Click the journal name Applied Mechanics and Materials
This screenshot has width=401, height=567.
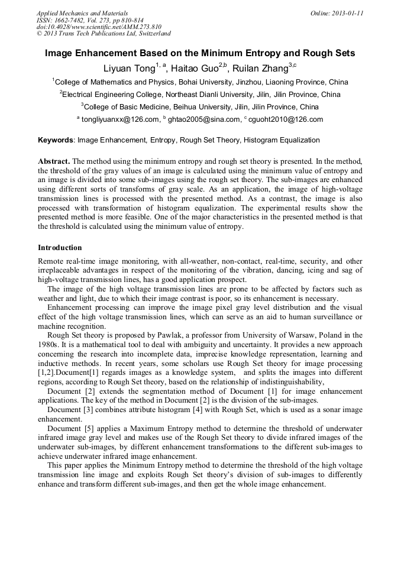click(82, 13)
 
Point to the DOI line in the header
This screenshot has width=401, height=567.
click(99, 27)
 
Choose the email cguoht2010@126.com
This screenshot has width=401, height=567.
click(286, 119)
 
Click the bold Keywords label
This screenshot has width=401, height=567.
click(56, 140)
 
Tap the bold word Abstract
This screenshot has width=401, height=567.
click(54, 161)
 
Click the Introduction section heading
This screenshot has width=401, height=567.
click(60, 247)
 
